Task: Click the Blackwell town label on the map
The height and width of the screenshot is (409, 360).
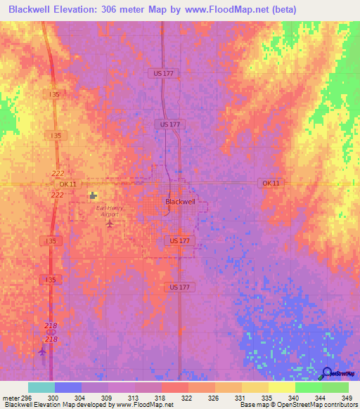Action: pyautogui.click(x=180, y=201)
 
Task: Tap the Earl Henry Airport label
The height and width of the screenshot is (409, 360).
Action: pyautogui.click(x=110, y=212)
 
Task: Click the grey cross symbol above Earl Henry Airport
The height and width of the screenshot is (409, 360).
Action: pyautogui.click(x=93, y=196)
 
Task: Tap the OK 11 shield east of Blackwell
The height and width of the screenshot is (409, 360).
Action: pyautogui.click(x=271, y=183)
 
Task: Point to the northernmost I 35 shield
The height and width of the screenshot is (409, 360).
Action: pyautogui.click(x=54, y=93)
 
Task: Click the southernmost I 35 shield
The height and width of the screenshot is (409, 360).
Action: pyautogui.click(x=50, y=280)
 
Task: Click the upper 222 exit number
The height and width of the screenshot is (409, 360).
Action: pyautogui.click(x=58, y=173)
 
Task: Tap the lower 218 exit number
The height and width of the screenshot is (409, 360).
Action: pyautogui.click(x=51, y=339)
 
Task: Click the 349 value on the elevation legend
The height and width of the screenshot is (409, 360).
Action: pyautogui.click(x=347, y=397)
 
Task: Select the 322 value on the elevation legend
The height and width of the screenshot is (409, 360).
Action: pyautogui.click(x=186, y=397)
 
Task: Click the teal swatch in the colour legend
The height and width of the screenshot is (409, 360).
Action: pyautogui.click(x=41, y=387)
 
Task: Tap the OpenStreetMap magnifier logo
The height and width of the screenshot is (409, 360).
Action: pyautogui.click(x=326, y=375)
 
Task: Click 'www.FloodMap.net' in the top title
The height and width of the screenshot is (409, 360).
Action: pyautogui.click(x=230, y=9)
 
